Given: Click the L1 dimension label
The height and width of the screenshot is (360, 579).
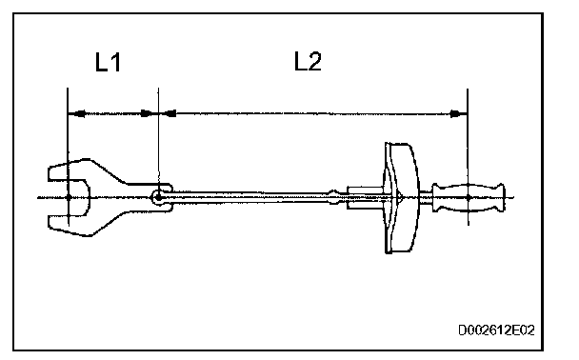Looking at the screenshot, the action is (x=108, y=62).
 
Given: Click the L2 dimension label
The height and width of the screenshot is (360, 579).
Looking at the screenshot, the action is (x=308, y=61).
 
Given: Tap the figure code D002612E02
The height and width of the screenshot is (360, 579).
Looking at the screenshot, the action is (x=496, y=330).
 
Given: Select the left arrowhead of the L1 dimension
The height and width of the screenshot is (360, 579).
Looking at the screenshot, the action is (x=76, y=113).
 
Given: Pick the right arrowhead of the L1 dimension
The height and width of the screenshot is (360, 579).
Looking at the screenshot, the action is (x=150, y=113).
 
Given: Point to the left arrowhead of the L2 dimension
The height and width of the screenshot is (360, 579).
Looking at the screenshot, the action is (x=168, y=113).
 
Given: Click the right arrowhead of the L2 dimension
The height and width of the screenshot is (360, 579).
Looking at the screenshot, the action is (x=459, y=113).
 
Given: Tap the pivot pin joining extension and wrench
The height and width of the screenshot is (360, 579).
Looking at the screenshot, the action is (x=158, y=197).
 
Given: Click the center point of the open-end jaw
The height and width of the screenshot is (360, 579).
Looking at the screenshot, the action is (x=69, y=197).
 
